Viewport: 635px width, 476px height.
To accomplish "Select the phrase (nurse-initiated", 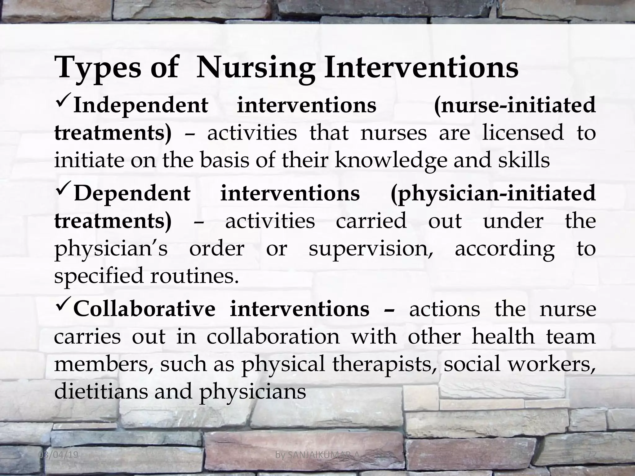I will point(515,105).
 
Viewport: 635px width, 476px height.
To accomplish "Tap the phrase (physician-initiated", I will point(493,193).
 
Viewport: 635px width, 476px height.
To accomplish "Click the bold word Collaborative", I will point(144,310).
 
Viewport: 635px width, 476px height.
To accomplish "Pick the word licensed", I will point(523,133).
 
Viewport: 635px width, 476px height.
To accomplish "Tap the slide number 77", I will point(599,455).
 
